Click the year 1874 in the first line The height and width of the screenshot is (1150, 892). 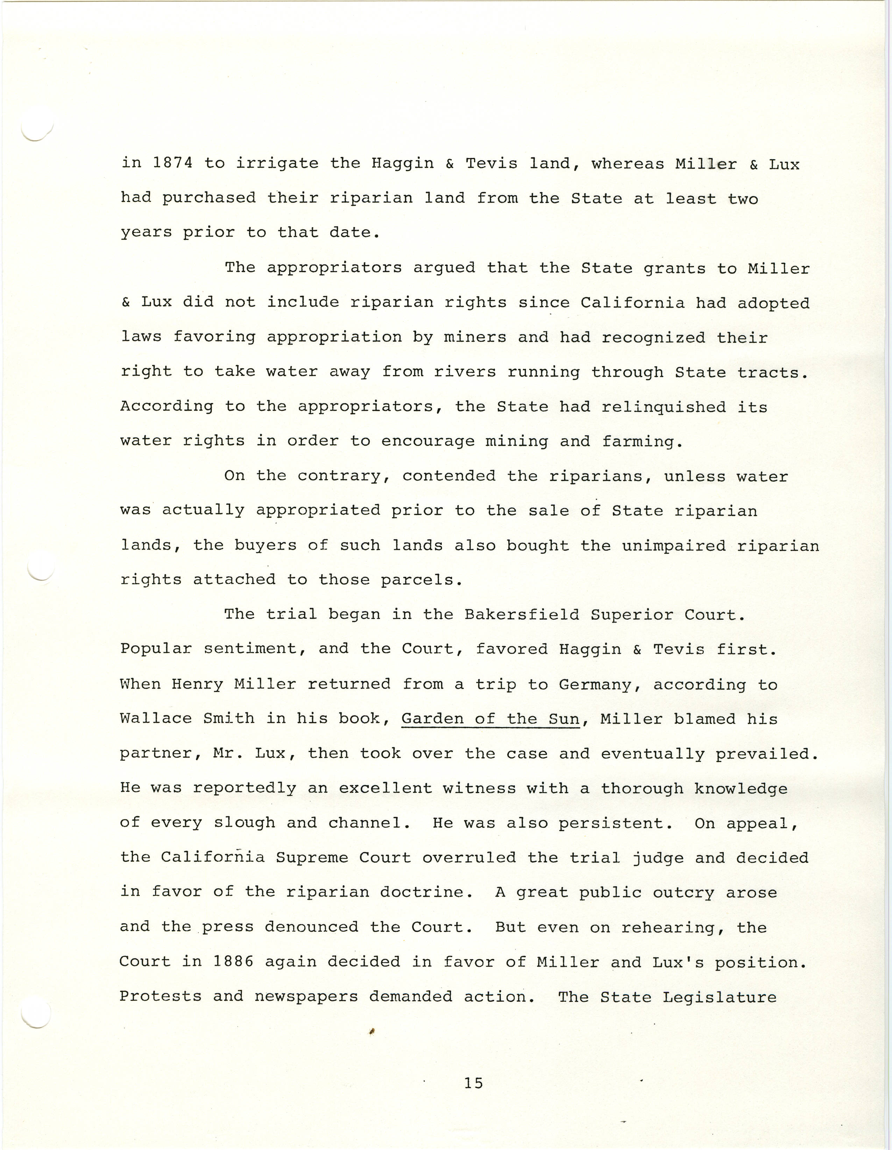[x=172, y=163]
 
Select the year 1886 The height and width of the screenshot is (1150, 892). [x=233, y=962]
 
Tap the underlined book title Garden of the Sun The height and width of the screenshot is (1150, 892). [x=490, y=719]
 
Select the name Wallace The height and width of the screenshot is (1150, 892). [x=155, y=719]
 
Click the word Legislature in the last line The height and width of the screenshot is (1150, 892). [x=719, y=997]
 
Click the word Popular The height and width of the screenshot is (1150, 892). [x=156, y=649]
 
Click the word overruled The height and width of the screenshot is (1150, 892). [x=469, y=858]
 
